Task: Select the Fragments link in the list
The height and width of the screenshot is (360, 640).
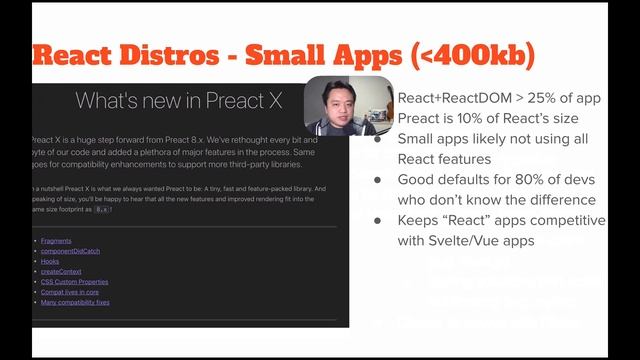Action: (56, 241)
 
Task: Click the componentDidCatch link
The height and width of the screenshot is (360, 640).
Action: (73, 251)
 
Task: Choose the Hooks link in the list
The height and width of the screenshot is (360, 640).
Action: (50, 261)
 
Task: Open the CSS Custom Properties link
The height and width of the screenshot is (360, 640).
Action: (76, 281)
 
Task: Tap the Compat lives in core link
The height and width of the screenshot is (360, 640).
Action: (73, 291)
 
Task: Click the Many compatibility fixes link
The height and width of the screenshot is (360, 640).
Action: (75, 301)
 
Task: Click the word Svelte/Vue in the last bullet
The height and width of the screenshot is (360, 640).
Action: (475, 241)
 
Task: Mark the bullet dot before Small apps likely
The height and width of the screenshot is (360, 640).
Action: (378, 139)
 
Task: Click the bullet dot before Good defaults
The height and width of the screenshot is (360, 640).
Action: (378, 180)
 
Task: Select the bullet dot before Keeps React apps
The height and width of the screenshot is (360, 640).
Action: (378, 221)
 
